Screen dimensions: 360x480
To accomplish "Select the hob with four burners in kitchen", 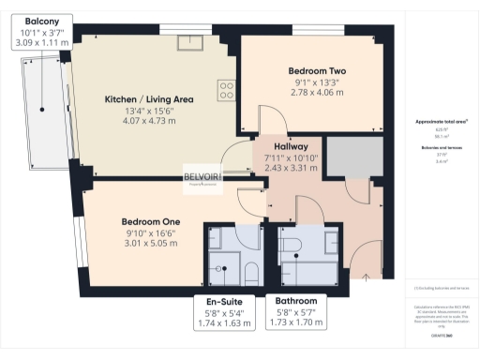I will [x=226, y=90].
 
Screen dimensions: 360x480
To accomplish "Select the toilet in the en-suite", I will [x=249, y=273].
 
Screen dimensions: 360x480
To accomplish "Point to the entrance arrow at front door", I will [x=365, y=276].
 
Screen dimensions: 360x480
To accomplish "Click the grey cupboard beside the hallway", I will [x=351, y=155].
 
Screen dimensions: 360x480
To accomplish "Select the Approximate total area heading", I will [x=440, y=123].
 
